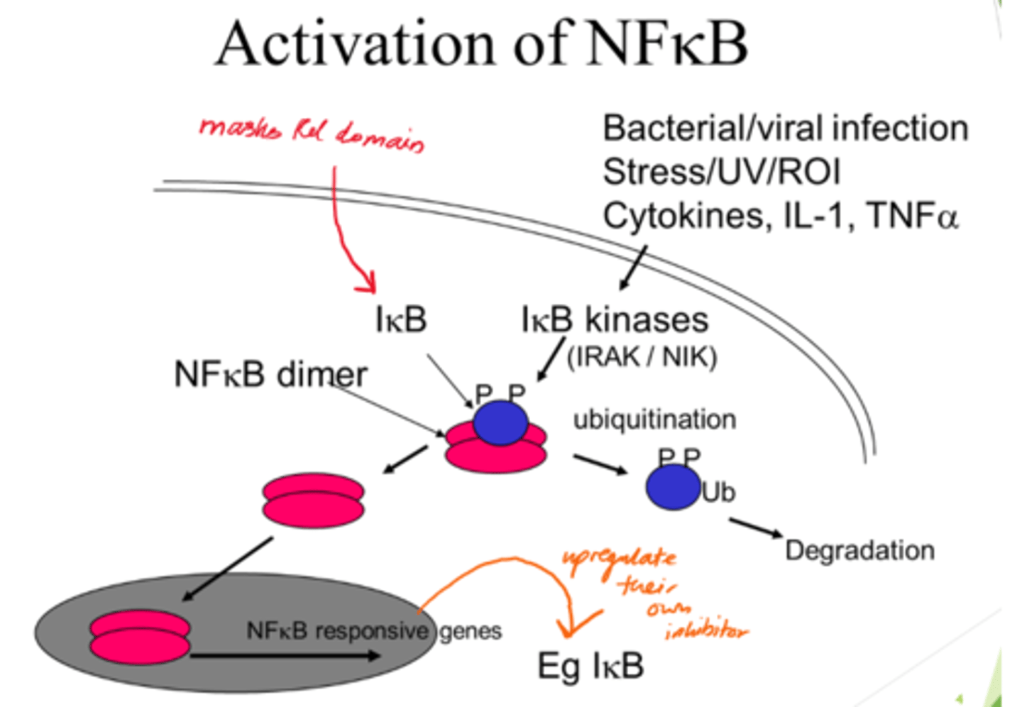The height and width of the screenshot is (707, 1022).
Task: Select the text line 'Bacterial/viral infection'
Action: (x=785, y=128)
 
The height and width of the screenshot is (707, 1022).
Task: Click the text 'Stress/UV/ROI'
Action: (x=721, y=172)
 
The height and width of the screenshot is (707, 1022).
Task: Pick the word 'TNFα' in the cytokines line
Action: (x=912, y=215)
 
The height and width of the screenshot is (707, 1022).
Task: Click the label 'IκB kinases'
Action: (x=615, y=319)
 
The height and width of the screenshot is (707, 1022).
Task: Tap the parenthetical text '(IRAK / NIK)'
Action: (x=642, y=356)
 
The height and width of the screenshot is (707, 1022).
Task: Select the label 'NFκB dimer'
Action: (x=270, y=374)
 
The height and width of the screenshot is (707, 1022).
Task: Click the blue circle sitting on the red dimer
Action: (x=500, y=422)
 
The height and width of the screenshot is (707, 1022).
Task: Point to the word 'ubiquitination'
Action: (x=654, y=420)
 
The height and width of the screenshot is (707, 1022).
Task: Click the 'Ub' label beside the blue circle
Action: (x=718, y=492)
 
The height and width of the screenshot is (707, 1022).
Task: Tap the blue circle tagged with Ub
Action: (x=672, y=488)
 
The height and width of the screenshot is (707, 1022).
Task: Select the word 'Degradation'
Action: (x=859, y=550)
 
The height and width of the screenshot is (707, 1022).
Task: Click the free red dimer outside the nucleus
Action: (x=313, y=501)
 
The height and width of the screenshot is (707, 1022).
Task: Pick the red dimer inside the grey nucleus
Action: (x=140, y=638)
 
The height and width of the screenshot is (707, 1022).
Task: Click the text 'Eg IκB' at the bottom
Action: (x=590, y=666)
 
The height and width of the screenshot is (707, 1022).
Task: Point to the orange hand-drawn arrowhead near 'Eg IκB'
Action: (x=572, y=626)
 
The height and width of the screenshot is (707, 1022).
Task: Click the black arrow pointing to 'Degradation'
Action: (x=755, y=527)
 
